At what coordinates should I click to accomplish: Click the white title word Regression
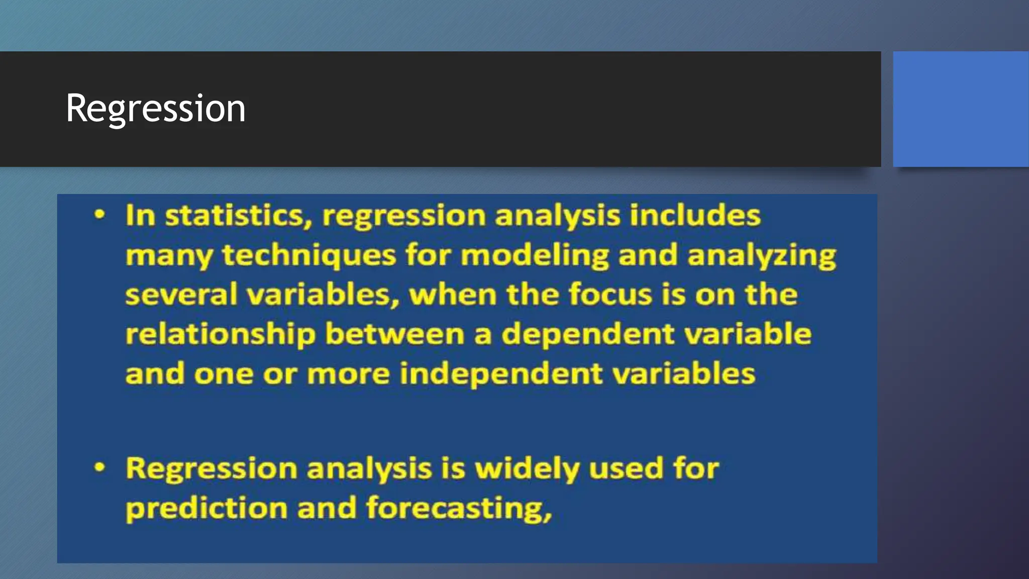pos(156,109)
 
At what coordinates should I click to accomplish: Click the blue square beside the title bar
pos(960,109)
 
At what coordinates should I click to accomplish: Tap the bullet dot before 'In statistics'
pos(100,215)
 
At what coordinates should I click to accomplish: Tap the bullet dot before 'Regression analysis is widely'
pos(100,467)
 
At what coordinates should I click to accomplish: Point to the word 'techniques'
pos(309,255)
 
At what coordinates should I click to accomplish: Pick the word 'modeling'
pos(535,255)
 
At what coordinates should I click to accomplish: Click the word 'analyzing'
pos(762,255)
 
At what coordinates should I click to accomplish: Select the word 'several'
pos(181,295)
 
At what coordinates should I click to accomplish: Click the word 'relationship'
pos(221,335)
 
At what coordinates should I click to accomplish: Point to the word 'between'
pos(394,334)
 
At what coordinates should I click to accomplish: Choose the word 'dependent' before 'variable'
pos(588,335)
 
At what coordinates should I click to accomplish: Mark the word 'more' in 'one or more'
pos(348,375)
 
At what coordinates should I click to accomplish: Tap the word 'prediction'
pos(206,509)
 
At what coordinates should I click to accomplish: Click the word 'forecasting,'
pos(459,509)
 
